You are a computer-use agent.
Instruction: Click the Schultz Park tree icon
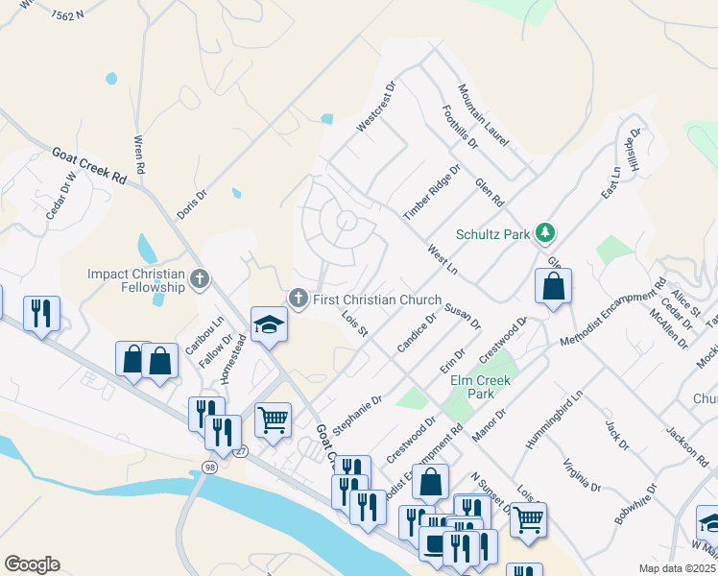(546, 232)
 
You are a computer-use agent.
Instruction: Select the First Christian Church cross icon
(299, 300)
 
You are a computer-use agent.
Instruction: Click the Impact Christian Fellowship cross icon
(200, 279)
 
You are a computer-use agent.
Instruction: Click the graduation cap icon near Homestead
(270, 324)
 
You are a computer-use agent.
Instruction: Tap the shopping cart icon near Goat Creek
(273, 420)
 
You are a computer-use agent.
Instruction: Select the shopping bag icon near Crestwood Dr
(554, 286)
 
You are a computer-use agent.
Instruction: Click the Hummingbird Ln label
(555, 421)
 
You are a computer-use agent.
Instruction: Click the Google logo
(31, 564)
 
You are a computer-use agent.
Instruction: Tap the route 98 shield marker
(209, 467)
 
